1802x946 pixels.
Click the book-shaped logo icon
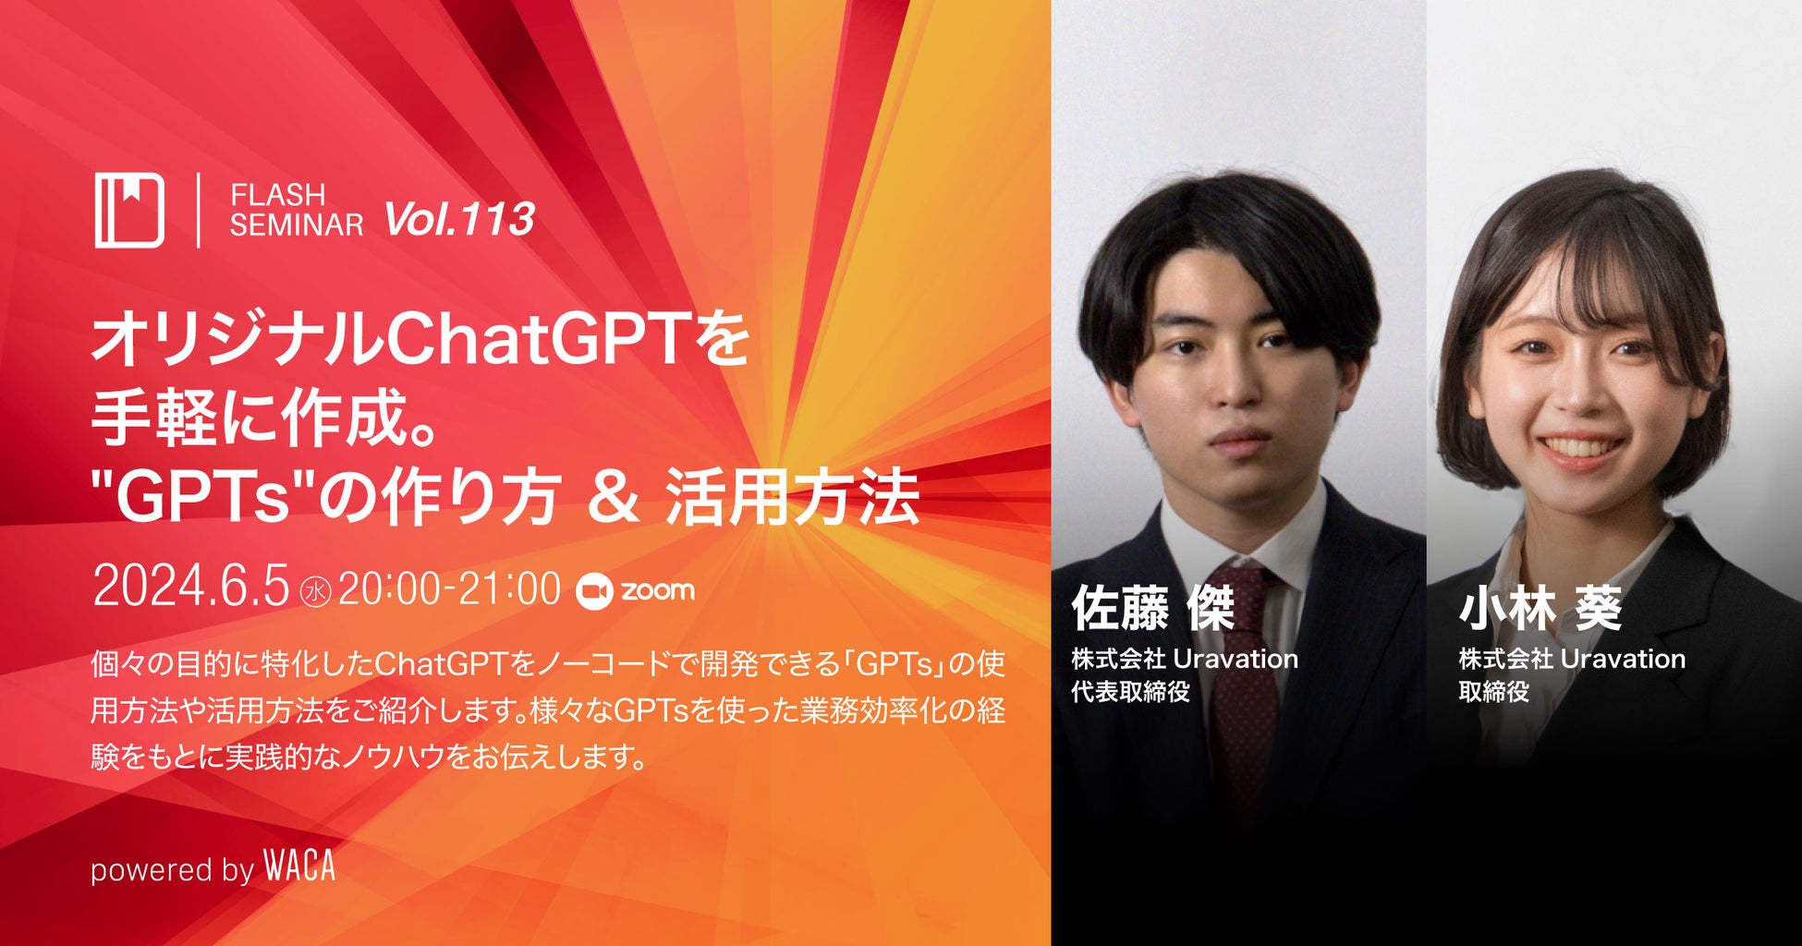coord(129,210)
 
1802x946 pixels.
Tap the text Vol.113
coord(459,219)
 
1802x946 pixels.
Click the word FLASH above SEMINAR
coord(277,195)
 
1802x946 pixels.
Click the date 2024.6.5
coord(191,588)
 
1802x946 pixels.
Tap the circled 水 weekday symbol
coord(315,591)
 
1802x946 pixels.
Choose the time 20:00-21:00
coord(449,588)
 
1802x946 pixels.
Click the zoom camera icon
coord(594,591)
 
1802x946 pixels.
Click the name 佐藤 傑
coord(1152,609)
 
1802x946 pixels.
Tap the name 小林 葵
coord(1540,609)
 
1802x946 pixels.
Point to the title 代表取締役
coord(1130,691)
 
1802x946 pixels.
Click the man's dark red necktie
coord(1245,684)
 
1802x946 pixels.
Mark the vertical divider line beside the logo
coord(198,210)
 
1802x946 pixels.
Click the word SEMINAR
coord(297,224)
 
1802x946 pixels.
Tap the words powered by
coord(172,870)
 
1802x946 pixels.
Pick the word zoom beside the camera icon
coord(657,591)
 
